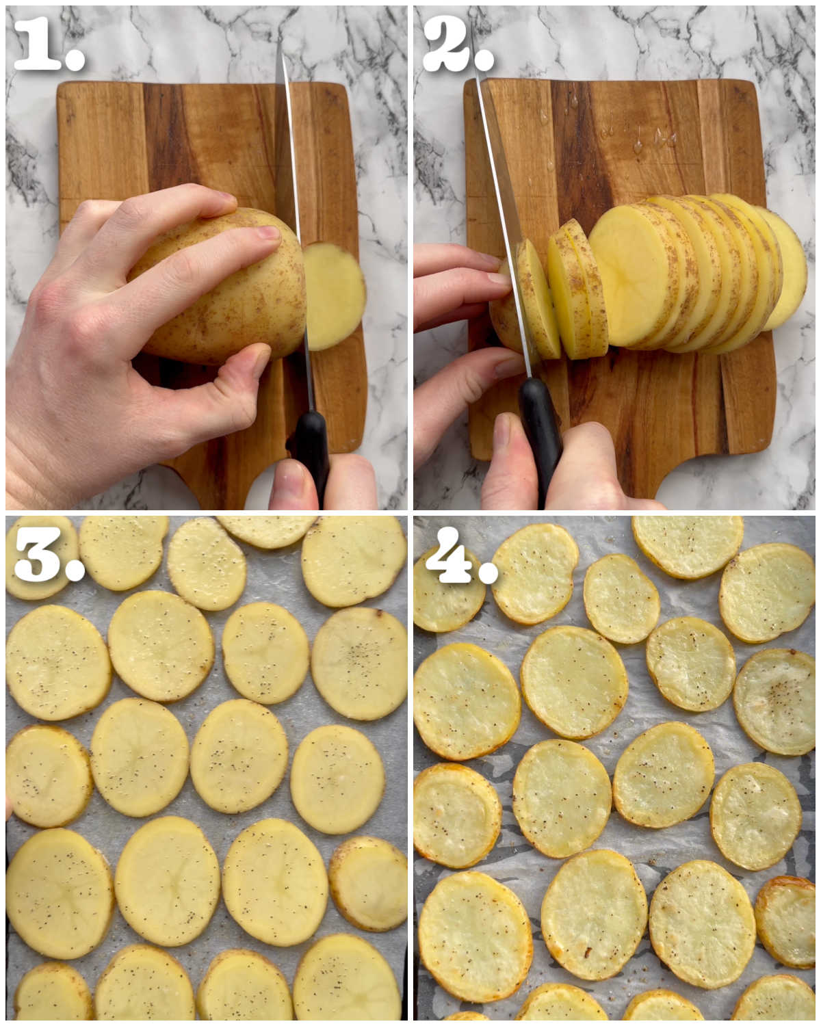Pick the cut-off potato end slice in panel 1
(x=335, y=296)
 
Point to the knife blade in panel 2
(x=501, y=200)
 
